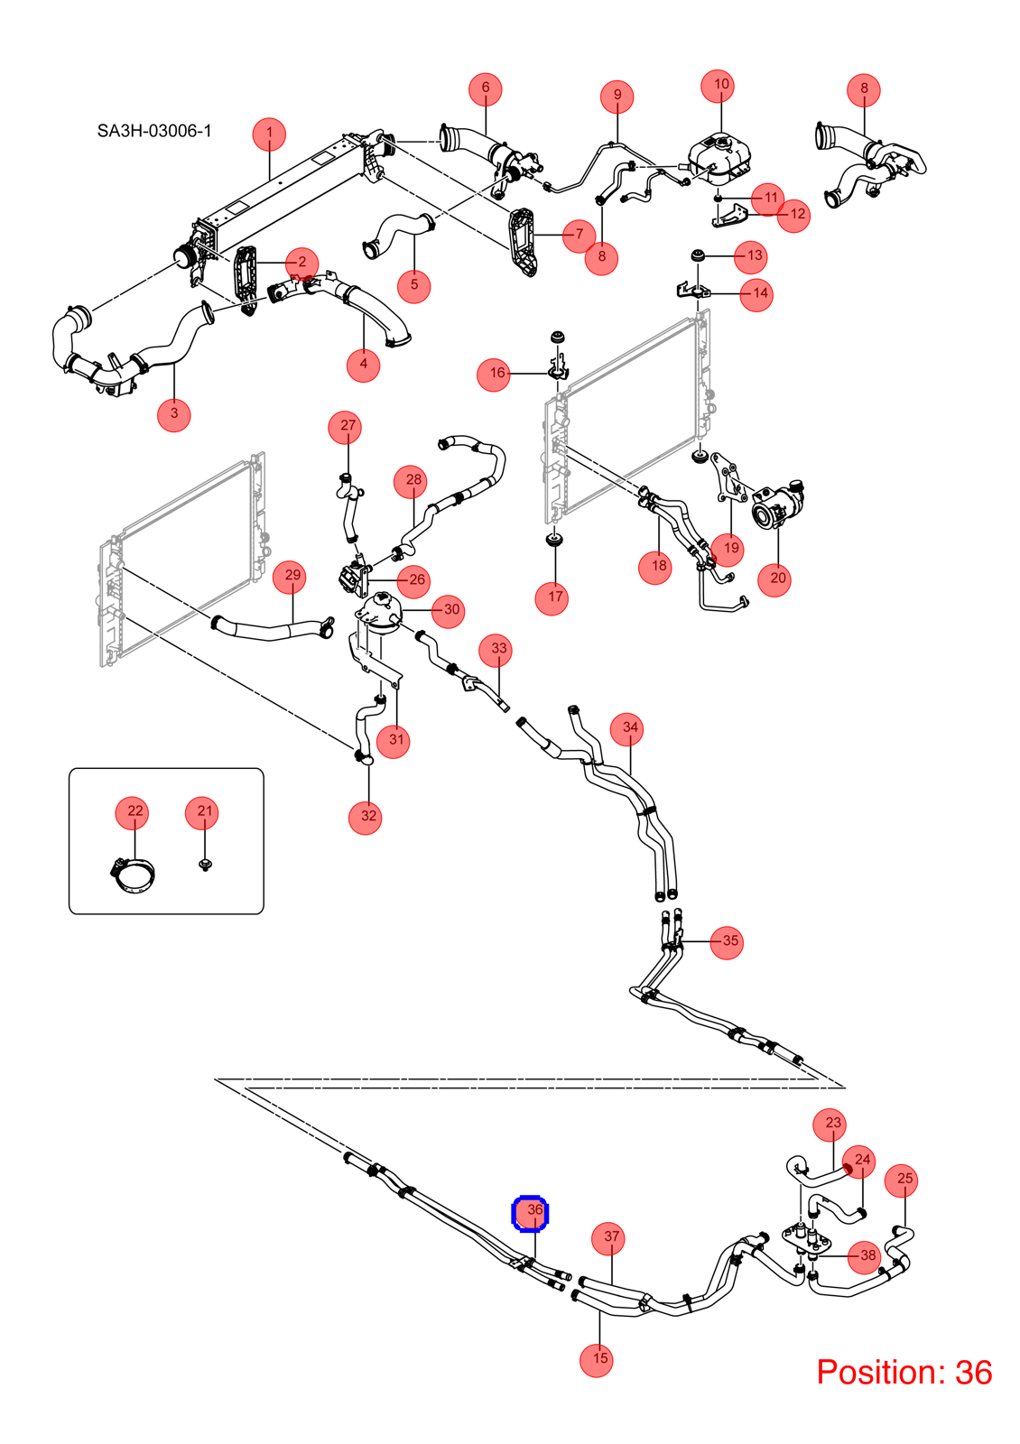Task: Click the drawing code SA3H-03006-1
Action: click(154, 131)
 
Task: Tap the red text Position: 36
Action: click(904, 1372)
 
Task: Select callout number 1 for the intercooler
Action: click(269, 134)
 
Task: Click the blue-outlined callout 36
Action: click(530, 1213)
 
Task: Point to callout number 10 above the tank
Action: click(721, 85)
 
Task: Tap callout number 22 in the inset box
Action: click(134, 811)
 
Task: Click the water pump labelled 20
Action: click(778, 506)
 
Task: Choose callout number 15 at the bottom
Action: click(599, 1358)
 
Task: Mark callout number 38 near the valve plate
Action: click(867, 1255)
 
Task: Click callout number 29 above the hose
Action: click(292, 576)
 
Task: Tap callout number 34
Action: click(630, 727)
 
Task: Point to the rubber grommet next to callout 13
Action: click(698, 256)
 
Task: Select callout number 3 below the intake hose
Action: click(174, 413)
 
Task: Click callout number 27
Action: click(348, 425)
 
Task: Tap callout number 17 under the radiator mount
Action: click(555, 597)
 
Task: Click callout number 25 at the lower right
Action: click(904, 1179)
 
